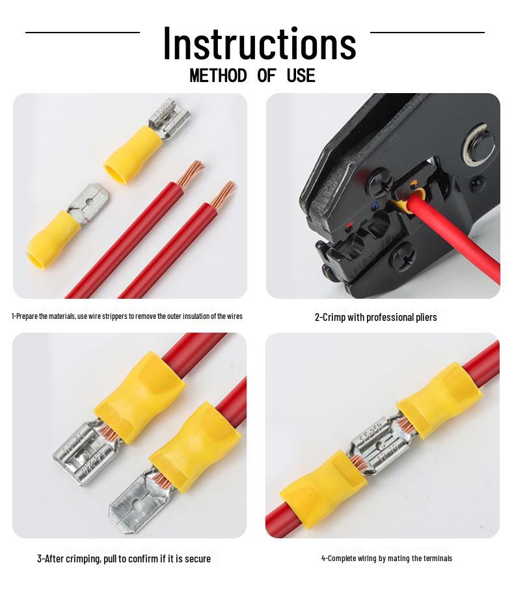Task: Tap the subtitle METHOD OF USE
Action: pyautogui.click(x=252, y=76)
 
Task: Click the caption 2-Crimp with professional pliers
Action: pyautogui.click(x=375, y=317)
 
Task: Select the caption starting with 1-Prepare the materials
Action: pyautogui.click(x=127, y=316)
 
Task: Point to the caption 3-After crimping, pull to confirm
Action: pyautogui.click(x=124, y=559)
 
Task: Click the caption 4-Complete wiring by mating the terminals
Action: pyautogui.click(x=386, y=559)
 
